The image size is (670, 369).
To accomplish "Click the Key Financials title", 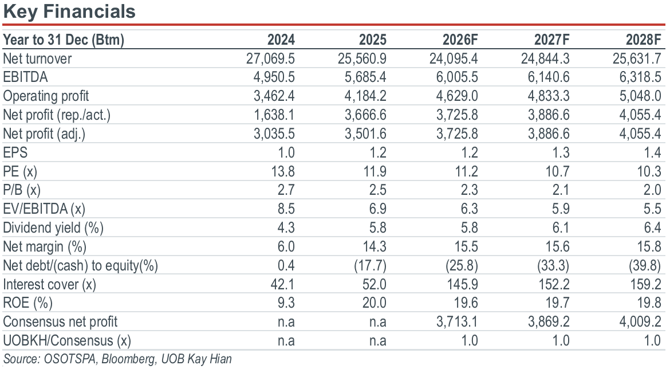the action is point(69,11).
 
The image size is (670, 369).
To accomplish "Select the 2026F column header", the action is point(460,40).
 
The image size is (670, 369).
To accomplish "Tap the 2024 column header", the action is point(281,40).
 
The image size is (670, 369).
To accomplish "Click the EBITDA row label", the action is point(25,77).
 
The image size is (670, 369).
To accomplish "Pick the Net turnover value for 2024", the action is point(270,58).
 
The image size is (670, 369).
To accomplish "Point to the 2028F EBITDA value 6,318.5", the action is point(640,77).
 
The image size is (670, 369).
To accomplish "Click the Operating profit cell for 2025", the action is point(365,96).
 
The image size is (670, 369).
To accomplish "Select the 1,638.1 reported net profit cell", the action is point(274,115).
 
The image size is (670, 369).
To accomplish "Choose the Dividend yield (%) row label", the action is point(53,227).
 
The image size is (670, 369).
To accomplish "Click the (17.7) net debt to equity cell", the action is point(370,265).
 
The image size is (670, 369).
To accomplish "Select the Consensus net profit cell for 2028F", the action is point(640,321).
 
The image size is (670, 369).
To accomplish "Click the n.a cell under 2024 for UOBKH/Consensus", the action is point(286,341).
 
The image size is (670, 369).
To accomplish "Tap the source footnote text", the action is point(117,359).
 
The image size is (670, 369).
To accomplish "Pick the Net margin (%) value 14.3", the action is point(375,247).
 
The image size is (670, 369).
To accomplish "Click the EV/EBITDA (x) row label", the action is point(44,209).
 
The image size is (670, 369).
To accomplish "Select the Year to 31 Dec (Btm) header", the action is point(64,40).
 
